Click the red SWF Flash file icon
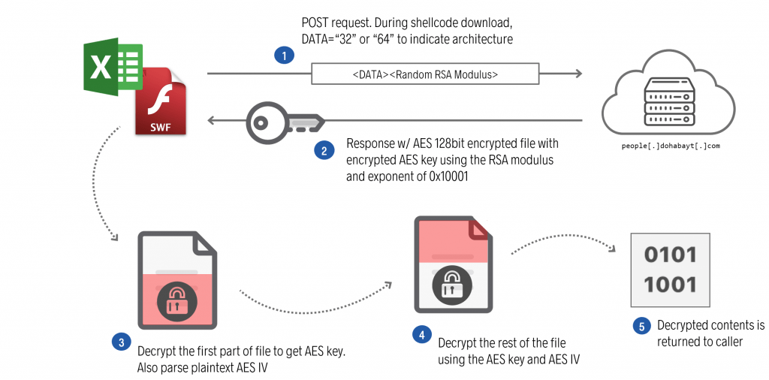point(161,101)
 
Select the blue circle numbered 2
point(324,150)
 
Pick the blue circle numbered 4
point(422,334)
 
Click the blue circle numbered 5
point(641,327)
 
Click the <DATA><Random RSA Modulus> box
point(425,74)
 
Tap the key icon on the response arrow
point(285,119)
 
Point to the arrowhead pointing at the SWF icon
point(213,119)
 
